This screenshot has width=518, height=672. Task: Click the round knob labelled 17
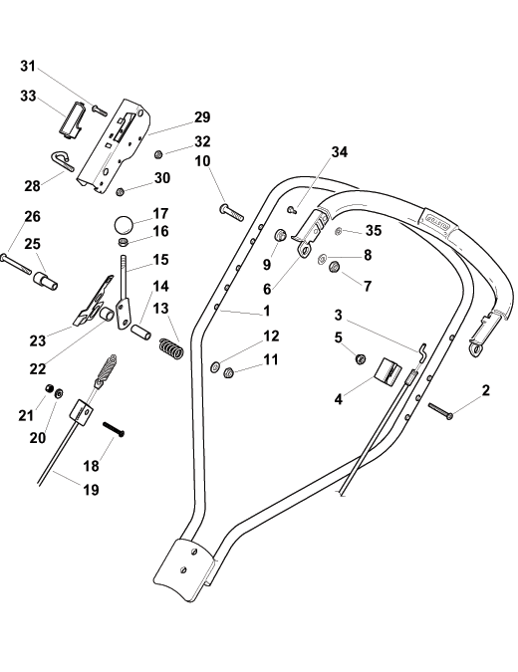124,224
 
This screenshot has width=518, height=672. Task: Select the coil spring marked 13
171,348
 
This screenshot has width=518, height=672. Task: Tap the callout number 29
202,117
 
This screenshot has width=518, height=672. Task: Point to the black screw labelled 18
114,429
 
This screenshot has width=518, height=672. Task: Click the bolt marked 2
440,410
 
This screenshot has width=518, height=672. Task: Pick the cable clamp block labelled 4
388,369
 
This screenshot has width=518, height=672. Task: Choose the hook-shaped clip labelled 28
63,160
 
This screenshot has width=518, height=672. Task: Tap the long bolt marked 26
17,264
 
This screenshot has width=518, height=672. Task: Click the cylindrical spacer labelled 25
45,281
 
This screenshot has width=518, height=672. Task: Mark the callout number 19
91,489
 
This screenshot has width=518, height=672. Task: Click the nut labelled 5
361,358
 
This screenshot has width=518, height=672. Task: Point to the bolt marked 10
231,213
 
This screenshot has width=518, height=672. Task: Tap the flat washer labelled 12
215,366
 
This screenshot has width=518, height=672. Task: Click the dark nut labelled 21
50,388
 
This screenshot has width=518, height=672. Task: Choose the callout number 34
339,151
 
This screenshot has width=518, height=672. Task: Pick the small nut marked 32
158,153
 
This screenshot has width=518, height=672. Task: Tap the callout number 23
37,340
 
